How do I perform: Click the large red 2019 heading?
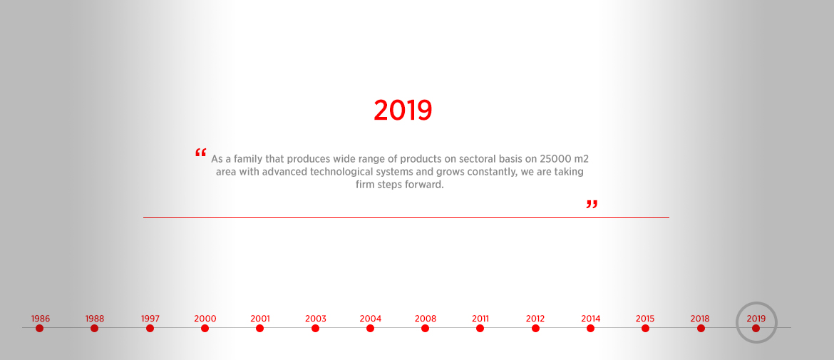(403, 110)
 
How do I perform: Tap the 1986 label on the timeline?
(41, 319)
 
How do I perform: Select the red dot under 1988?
(95, 328)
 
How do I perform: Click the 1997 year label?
(150, 319)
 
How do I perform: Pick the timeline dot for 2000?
(205, 328)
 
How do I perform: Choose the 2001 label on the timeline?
(260, 319)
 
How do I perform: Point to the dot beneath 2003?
(315, 328)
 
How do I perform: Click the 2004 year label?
(370, 319)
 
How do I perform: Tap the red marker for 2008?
(425, 328)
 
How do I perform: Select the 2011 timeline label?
(480, 319)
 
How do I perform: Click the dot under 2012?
(535, 328)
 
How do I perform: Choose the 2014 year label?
(590, 319)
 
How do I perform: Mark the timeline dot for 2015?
(645, 328)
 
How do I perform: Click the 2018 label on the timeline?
(700, 319)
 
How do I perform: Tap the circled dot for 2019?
(756, 328)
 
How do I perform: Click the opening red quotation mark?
(200, 153)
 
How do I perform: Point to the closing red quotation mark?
(592, 205)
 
